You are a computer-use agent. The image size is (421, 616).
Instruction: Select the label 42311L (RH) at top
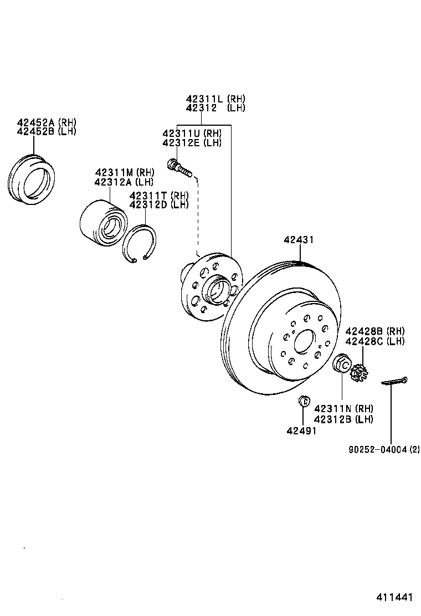[x=215, y=99]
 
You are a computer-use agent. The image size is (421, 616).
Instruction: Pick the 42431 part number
[x=299, y=240]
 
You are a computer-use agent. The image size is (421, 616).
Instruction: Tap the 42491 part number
[x=301, y=431]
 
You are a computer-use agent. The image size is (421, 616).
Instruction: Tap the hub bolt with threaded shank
[x=179, y=167]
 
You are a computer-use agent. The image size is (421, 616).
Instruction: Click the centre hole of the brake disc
[x=304, y=342]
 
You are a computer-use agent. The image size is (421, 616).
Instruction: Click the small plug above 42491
[x=302, y=401]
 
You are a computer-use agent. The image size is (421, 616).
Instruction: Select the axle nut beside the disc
[x=342, y=365]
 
